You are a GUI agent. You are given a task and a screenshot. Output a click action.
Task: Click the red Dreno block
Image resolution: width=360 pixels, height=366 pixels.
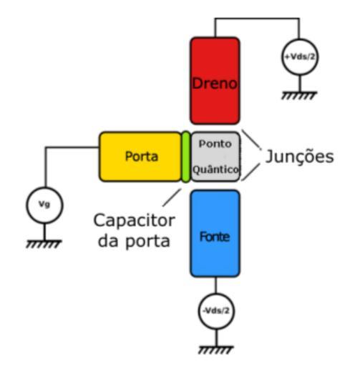[x=215, y=81]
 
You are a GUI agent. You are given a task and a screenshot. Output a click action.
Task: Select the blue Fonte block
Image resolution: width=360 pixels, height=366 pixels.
[x=215, y=234]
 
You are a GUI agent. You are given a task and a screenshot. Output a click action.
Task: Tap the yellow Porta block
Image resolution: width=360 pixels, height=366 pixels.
[x=141, y=157]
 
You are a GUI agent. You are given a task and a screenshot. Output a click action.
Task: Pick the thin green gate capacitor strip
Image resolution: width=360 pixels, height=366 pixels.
[x=186, y=157]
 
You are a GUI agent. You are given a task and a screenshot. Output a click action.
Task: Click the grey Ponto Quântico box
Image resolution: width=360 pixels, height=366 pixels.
[x=215, y=157]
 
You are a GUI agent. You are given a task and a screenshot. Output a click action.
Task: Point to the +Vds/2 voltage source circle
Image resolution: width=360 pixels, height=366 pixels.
[x=300, y=57]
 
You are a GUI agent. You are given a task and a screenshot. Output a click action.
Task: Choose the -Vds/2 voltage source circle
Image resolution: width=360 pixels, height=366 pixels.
[x=216, y=311]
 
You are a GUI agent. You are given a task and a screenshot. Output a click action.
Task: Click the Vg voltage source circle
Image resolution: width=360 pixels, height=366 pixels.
[x=44, y=205]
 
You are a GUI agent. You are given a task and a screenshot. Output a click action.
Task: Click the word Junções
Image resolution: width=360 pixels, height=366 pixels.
[x=300, y=156]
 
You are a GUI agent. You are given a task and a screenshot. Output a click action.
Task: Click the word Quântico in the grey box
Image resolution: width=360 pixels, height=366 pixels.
[x=215, y=169]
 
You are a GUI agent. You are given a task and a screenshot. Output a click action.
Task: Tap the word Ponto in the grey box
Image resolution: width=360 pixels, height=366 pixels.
[x=215, y=144]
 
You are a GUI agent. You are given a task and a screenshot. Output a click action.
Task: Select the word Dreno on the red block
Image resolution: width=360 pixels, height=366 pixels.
[x=215, y=83]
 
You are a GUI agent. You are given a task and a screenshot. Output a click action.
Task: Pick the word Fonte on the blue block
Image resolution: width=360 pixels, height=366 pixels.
[x=215, y=237]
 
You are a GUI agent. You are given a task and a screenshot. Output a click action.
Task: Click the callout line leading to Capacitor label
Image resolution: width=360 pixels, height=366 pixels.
[x=172, y=197]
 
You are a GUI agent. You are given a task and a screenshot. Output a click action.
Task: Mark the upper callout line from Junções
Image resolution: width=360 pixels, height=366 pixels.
[x=251, y=139]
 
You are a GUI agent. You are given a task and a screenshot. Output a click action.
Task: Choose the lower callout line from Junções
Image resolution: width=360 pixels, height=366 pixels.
[x=250, y=172]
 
